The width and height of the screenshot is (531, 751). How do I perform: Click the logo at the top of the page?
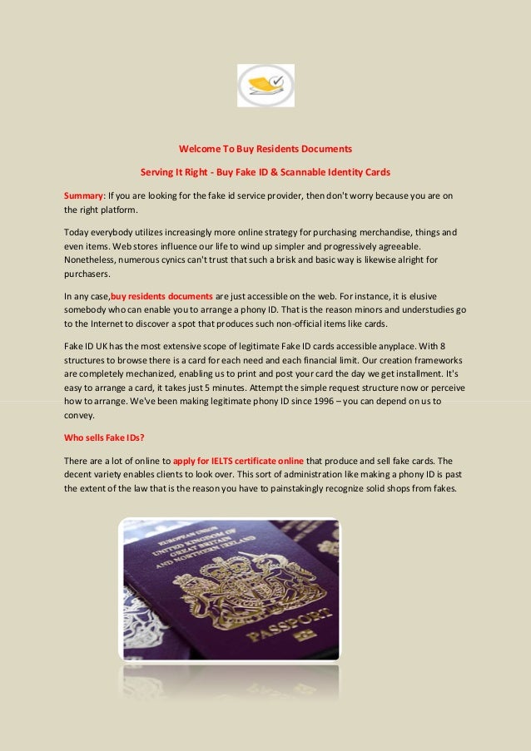point(265,86)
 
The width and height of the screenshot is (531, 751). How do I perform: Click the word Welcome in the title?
point(198,150)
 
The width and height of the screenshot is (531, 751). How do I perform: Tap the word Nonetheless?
point(94,260)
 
